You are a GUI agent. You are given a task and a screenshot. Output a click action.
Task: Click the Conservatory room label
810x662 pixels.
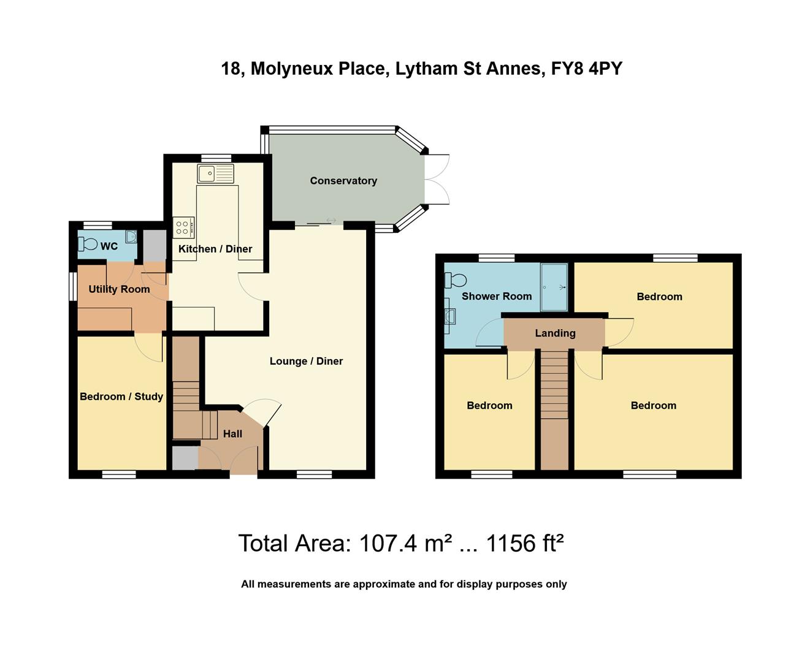pos(343,181)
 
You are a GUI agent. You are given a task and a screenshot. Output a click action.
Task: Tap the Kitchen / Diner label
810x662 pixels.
pos(215,249)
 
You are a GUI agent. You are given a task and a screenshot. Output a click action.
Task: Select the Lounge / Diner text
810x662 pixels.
pos(306,361)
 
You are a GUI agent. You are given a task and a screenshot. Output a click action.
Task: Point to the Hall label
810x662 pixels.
pos(232,434)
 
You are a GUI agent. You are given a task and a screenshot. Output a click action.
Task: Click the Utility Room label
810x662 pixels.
pos(119,289)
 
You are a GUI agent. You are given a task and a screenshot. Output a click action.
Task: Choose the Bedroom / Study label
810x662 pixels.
pos(121,397)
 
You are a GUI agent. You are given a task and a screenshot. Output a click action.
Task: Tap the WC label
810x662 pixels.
pos(109,246)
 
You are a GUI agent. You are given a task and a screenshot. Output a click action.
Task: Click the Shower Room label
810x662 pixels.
pos(496,297)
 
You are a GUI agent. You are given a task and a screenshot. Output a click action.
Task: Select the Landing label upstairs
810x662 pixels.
pos(555,333)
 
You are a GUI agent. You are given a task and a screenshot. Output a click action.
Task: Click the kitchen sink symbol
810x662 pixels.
pos(215,173)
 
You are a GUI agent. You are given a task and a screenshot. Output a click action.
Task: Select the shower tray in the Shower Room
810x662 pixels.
pos(554,286)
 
